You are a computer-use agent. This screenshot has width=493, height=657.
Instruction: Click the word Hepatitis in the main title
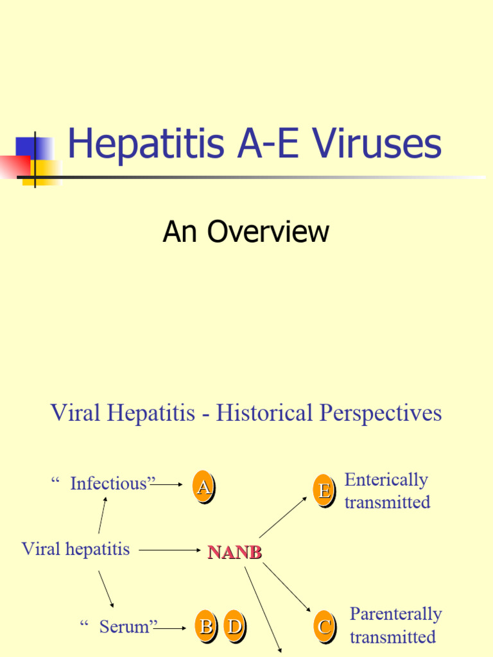click(x=146, y=144)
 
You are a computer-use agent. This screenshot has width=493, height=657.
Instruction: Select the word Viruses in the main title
click(x=376, y=143)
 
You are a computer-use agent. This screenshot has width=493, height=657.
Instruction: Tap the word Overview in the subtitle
click(x=268, y=231)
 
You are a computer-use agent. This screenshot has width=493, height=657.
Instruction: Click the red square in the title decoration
click(x=15, y=167)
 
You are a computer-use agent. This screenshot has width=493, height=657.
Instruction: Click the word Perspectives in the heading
click(x=381, y=414)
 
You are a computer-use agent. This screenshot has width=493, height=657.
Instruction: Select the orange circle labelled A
click(x=203, y=486)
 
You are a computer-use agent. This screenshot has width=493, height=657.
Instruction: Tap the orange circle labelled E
click(x=324, y=491)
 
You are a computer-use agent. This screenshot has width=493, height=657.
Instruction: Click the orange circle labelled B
click(x=206, y=626)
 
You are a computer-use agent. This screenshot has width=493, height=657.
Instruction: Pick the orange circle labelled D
click(x=235, y=626)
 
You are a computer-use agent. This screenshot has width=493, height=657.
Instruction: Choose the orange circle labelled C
click(x=325, y=627)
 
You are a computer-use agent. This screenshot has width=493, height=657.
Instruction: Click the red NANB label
click(x=235, y=552)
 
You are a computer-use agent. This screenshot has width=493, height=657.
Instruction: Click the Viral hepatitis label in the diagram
click(x=76, y=549)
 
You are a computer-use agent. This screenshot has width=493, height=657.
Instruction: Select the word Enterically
click(x=386, y=480)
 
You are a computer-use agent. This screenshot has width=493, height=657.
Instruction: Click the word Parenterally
click(x=395, y=614)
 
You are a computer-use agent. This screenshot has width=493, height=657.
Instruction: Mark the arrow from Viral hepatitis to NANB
click(x=169, y=550)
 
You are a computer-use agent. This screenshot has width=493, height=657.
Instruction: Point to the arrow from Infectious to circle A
click(x=166, y=484)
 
